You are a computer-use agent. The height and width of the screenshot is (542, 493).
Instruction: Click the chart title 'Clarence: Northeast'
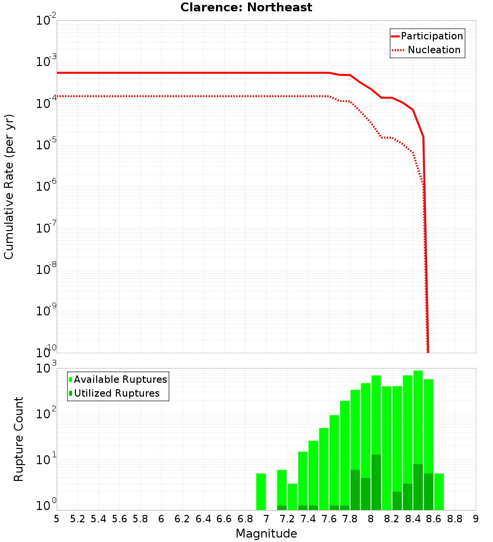[x=246, y=7]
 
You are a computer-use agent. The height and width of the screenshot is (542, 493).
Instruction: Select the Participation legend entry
[x=427, y=36]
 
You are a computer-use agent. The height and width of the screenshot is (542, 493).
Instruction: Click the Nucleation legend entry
[x=427, y=50]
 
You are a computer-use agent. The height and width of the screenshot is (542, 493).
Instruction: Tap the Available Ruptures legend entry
[x=118, y=379]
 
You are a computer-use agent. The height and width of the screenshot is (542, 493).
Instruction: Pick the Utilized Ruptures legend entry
[x=114, y=393]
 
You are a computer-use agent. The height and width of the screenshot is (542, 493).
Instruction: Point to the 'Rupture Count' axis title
[x=19, y=439]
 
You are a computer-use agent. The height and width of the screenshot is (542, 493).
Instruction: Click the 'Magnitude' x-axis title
[x=266, y=534]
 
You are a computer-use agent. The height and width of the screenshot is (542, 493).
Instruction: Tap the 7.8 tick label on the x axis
[x=350, y=519]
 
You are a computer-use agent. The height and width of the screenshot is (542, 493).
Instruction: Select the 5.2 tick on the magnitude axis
[x=77, y=519]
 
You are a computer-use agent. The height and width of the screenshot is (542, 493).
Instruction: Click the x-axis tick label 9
[x=476, y=519]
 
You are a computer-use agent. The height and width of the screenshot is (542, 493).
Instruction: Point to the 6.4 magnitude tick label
[x=203, y=519]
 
